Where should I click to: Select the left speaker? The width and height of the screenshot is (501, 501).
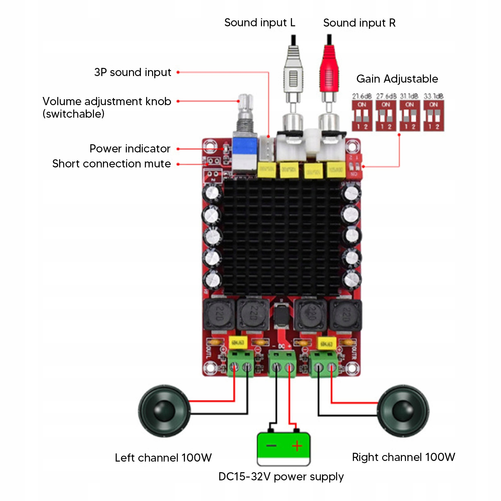(x=164, y=411)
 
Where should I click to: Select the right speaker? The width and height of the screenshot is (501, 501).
(x=403, y=411)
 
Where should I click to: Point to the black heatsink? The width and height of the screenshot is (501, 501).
(x=282, y=238)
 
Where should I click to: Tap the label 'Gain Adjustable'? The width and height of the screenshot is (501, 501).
(x=397, y=79)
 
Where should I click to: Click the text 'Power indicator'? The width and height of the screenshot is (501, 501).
(x=130, y=149)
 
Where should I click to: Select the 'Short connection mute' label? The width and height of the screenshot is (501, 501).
(x=111, y=164)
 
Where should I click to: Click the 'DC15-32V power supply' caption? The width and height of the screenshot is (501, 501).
(x=281, y=477)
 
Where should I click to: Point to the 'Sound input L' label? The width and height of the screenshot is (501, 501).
(x=260, y=23)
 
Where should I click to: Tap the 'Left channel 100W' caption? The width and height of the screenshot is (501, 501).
(x=163, y=458)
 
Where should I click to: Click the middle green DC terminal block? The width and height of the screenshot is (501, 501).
(x=283, y=363)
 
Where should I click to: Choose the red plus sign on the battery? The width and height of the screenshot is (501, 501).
(x=297, y=445)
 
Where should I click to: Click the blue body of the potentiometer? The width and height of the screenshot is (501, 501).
(x=245, y=147)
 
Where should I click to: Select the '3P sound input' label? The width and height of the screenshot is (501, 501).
(x=133, y=72)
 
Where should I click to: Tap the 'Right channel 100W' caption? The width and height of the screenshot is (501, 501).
(x=403, y=457)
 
